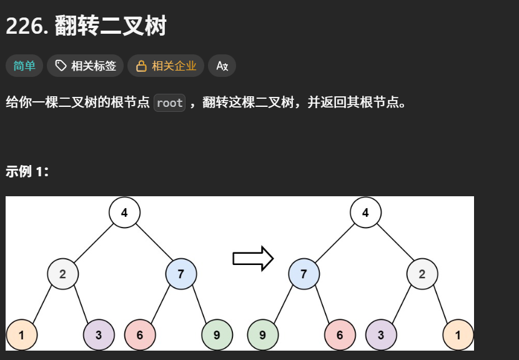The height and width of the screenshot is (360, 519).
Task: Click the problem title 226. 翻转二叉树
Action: tap(86, 26)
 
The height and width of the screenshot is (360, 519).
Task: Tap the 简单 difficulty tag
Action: tap(24, 66)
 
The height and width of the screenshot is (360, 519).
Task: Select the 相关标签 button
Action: tap(86, 66)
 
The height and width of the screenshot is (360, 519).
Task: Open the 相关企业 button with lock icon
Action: tap(166, 66)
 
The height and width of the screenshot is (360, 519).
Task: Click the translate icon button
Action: tap(222, 66)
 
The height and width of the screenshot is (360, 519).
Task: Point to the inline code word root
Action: tap(169, 103)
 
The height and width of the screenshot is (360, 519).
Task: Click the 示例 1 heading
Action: tap(27, 172)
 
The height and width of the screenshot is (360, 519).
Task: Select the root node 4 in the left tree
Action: tap(124, 212)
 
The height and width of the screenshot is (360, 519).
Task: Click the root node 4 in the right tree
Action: tap(365, 212)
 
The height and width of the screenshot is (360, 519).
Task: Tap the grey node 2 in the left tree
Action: tap(63, 274)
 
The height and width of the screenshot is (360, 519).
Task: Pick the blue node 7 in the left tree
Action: tap(181, 274)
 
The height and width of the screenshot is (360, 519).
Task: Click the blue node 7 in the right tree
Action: tap(304, 274)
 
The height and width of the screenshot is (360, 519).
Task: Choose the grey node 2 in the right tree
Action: tap(422, 274)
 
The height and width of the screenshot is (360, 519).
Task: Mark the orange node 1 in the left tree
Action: tap(22, 335)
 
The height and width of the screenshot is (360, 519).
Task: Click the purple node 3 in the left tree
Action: tap(99, 335)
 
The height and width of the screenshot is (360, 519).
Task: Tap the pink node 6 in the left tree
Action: tap(140, 335)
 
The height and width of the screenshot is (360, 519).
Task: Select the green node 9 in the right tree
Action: tap(263, 335)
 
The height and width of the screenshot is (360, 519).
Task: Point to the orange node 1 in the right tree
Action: tap(458, 335)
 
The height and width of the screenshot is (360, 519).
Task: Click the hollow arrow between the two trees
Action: tap(253, 258)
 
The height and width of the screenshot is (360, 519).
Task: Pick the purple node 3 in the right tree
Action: tap(381, 335)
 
